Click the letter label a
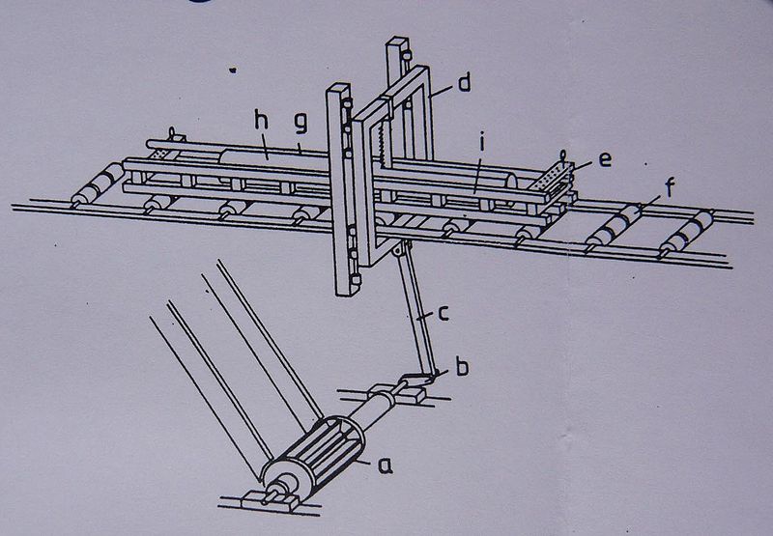pyautogui.click(x=385, y=465)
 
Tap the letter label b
pyautogui.click(x=462, y=367)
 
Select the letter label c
pyautogui.click(x=444, y=313)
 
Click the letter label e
pyautogui.click(x=605, y=158)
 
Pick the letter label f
pyautogui.click(x=670, y=187)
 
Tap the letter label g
pyautogui.click(x=301, y=125)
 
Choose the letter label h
pyautogui.click(x=261, y=120)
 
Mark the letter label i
pyautogui.click(x=483, y=144)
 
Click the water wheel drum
pyautogui.click(x=312, y=455)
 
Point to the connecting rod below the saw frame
pyautogui.click(x=416, y=309)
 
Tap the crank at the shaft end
pyautogui.click(x=418, y=380)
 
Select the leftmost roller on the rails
pyautogui.click(x=98, y=183)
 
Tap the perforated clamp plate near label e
pyautogui.click(x=551, y=178)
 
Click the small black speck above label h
pyautogui.click(x=233, y=71)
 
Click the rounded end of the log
pyautogui.click(x=511, y=188)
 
